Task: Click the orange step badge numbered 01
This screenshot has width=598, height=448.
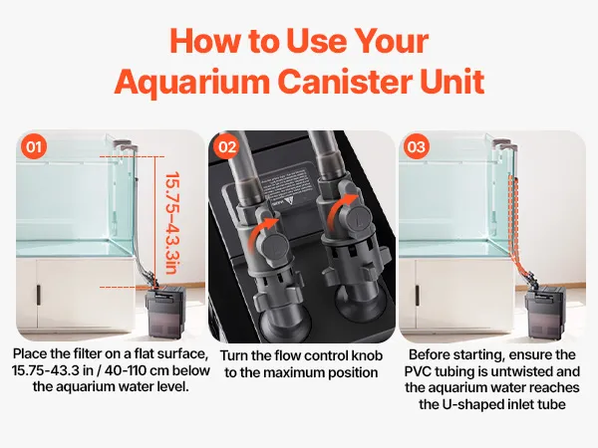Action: tap(34, 146)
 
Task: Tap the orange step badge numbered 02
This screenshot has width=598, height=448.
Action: tap(227, 146)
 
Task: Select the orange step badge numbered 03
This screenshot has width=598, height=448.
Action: tap(416, 146)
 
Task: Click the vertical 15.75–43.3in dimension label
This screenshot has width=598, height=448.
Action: tap(172, 223)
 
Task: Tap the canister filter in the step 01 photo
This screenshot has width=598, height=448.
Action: tap(167, 313)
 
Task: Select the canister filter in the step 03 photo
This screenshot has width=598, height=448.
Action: tap(544, 314)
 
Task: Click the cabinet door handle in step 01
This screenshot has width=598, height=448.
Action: tap(38, 295)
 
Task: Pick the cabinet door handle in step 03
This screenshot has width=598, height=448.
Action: tap(418, 296)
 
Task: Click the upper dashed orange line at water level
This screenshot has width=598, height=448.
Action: tap(132, 156)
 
